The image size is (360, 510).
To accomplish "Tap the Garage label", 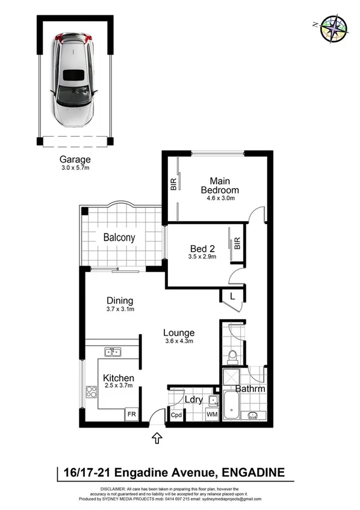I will (x=75, y=160).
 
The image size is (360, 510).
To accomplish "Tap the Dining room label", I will (x=120, y=300).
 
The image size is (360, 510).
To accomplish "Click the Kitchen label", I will (x=118, y=378).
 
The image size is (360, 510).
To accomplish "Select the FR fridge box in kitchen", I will (x=130, y=414).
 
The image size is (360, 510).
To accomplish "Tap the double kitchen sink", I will (x=112, y=352).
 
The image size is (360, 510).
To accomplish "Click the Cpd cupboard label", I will (x=176, y=415).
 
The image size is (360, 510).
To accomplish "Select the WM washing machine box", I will (x=213, y=414).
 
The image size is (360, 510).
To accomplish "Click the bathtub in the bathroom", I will (x=232, y=407).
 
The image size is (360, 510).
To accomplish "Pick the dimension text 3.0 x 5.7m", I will (x=75, y=169).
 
